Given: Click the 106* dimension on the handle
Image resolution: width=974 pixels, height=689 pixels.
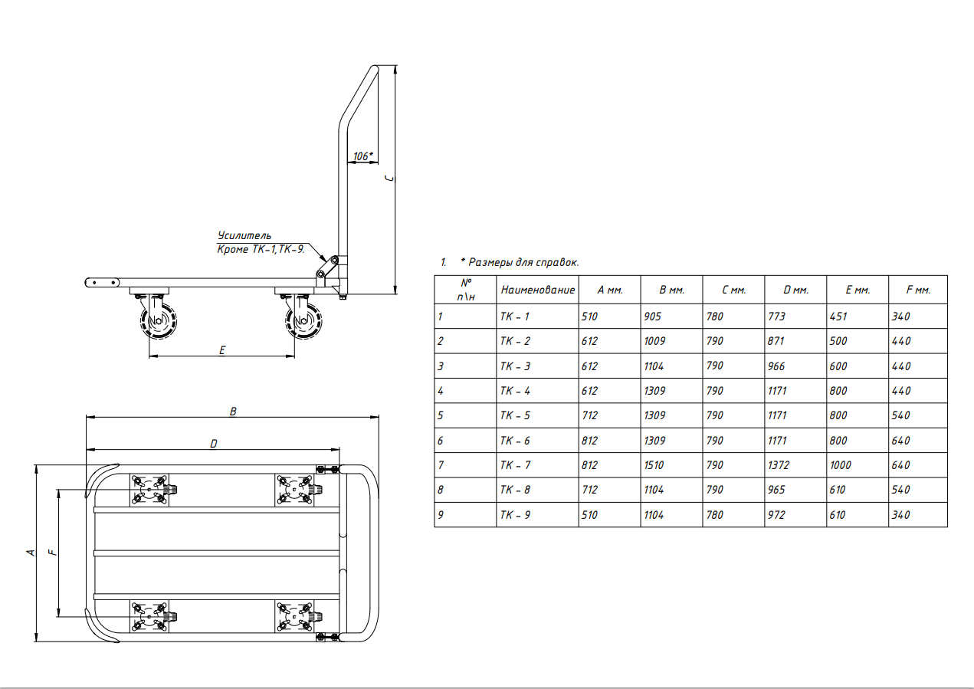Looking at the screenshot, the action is coord(362,156).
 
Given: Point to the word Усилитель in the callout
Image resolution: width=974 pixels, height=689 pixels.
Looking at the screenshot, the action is coord(244,235).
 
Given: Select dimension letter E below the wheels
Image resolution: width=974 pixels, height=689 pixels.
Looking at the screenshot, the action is coord(222,350).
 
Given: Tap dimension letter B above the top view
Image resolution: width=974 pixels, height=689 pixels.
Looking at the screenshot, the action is coord(233,412).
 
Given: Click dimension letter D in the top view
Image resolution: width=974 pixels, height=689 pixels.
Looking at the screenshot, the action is coord(214,444).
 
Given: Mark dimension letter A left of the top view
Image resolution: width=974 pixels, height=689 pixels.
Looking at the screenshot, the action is coord(31,553).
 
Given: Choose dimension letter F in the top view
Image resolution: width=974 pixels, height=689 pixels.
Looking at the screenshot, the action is coord(53,553).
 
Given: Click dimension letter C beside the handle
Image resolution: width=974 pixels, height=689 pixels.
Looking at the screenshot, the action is coord(390,179).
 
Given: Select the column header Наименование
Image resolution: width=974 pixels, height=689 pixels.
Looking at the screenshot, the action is coord(538,290).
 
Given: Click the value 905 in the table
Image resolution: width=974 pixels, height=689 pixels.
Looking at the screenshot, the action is coord(653,317).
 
